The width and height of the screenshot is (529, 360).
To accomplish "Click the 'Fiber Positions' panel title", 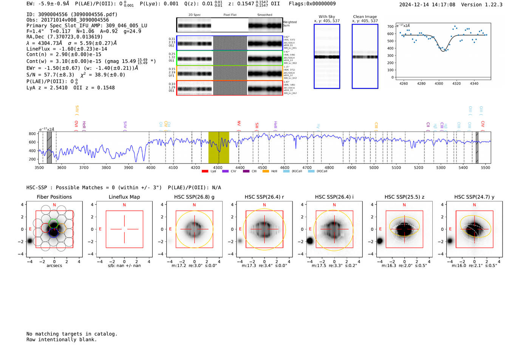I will click(54, 197).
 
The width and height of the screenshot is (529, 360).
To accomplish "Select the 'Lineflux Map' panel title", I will click(124, 197).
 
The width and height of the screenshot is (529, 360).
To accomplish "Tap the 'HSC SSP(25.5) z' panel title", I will click(404, 197).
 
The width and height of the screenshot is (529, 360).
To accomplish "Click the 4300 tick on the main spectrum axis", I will click(218, 167).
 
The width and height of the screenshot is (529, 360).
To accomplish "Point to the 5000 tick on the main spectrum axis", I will click(374, 167).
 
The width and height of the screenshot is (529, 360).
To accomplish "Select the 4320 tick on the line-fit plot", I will click(456, 83).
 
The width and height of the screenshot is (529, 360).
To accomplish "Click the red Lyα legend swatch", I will click(205, 172).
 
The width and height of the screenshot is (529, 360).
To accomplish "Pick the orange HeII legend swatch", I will click(266, 172).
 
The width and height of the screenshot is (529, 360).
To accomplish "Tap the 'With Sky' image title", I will click(327, 17).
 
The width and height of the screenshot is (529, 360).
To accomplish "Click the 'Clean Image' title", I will click(365, 17).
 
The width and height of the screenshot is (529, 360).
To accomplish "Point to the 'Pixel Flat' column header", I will click(230, 15).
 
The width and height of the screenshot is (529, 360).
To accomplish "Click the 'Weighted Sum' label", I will click(290, 24).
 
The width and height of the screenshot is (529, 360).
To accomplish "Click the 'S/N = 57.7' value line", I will click(51, 74).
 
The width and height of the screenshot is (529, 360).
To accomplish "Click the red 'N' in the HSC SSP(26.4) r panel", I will click(264, 205).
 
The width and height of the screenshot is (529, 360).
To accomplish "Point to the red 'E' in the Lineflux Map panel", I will click(100, 229).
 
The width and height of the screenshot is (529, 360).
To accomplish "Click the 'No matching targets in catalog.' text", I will click(72, 334).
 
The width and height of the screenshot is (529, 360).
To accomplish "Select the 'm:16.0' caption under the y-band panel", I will click(459, 266).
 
